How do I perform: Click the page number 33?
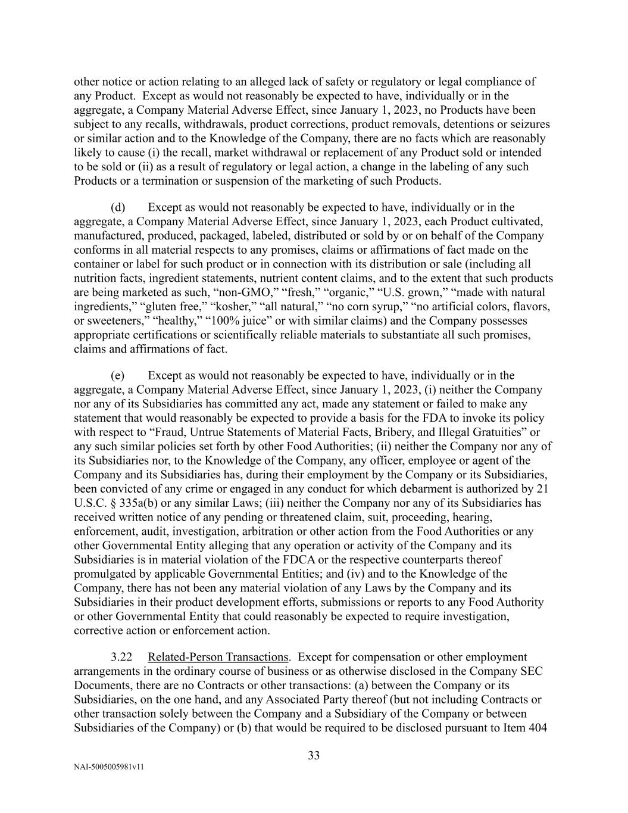314,756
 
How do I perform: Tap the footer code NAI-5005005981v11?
108,768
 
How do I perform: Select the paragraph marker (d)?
118,207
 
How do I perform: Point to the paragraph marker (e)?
118,376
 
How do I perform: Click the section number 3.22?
121,657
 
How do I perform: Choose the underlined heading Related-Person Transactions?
218,657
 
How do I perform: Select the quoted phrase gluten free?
178,307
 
